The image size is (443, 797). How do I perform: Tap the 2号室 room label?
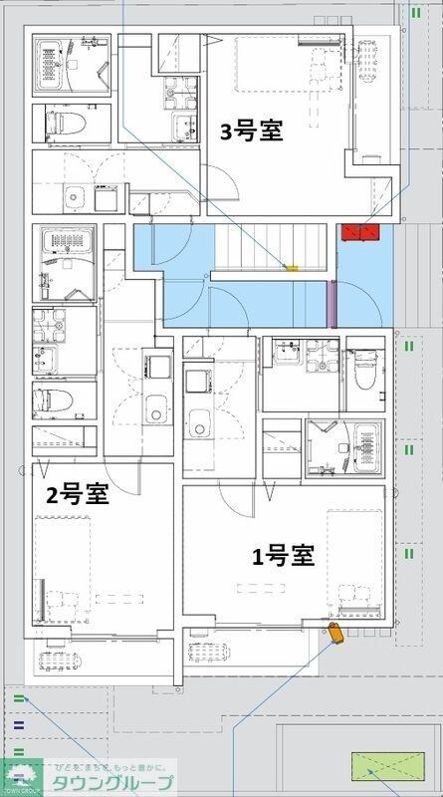(x=77, y=494)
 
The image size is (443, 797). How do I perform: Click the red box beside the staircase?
(x=359, y=232)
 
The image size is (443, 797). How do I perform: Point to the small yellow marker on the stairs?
(x=292, y=267)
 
